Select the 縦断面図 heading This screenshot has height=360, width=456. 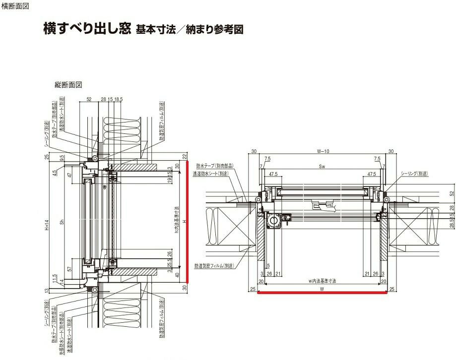coord(68,85)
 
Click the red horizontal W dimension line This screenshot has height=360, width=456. coord(323,293)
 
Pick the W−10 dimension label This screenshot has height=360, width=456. coord(323,151)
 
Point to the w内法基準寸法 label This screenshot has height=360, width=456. coord(323,281)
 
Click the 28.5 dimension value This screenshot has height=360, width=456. coord(451,224)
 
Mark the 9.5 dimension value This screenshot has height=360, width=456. coord(62,159)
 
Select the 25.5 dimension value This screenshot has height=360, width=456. coord(170,264)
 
